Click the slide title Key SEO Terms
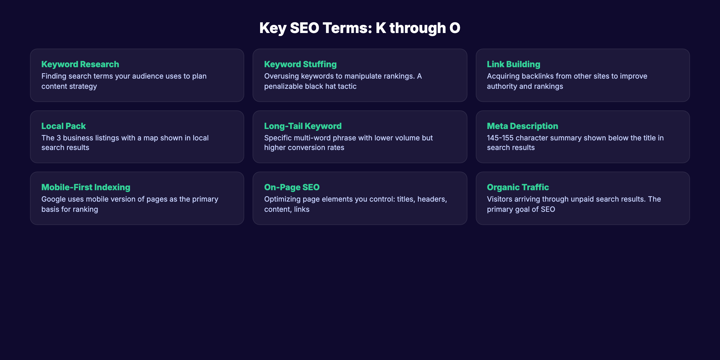pyautogui.click(x=360, y=28)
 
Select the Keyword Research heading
pyautogui.click(x=80, y=64)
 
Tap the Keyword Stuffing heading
pyautogui.click(x=300, y=64)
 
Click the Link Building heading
pyautogui.click(x=513, y=64)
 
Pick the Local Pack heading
pyautogui.click(x=64, y=126)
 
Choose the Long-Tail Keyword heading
pyautogui.click(x=303, y=126)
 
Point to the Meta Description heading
pyautogui.click(x=522, y=126)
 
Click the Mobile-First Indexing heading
pyautogui.click(x=86, y=187)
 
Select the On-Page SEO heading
pyautogui.click(x=292, y=187)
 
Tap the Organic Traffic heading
pyautogui.click(x=518, y=187)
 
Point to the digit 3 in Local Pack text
pyautogui.click(x=59, y=138)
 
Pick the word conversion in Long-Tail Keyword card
pyautogui.click(x=304, y=148)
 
